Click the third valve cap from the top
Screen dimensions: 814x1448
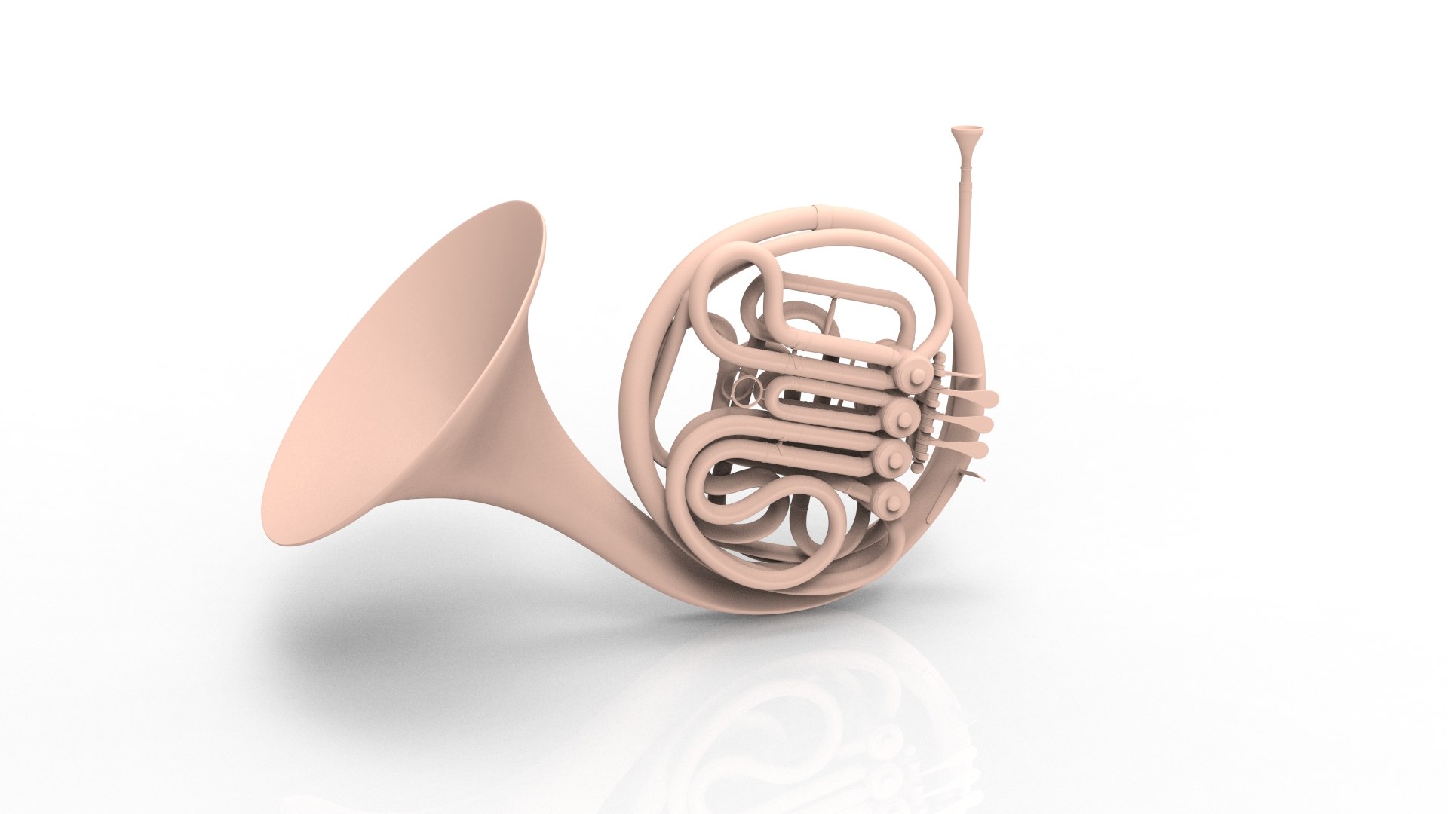pos(894,456)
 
